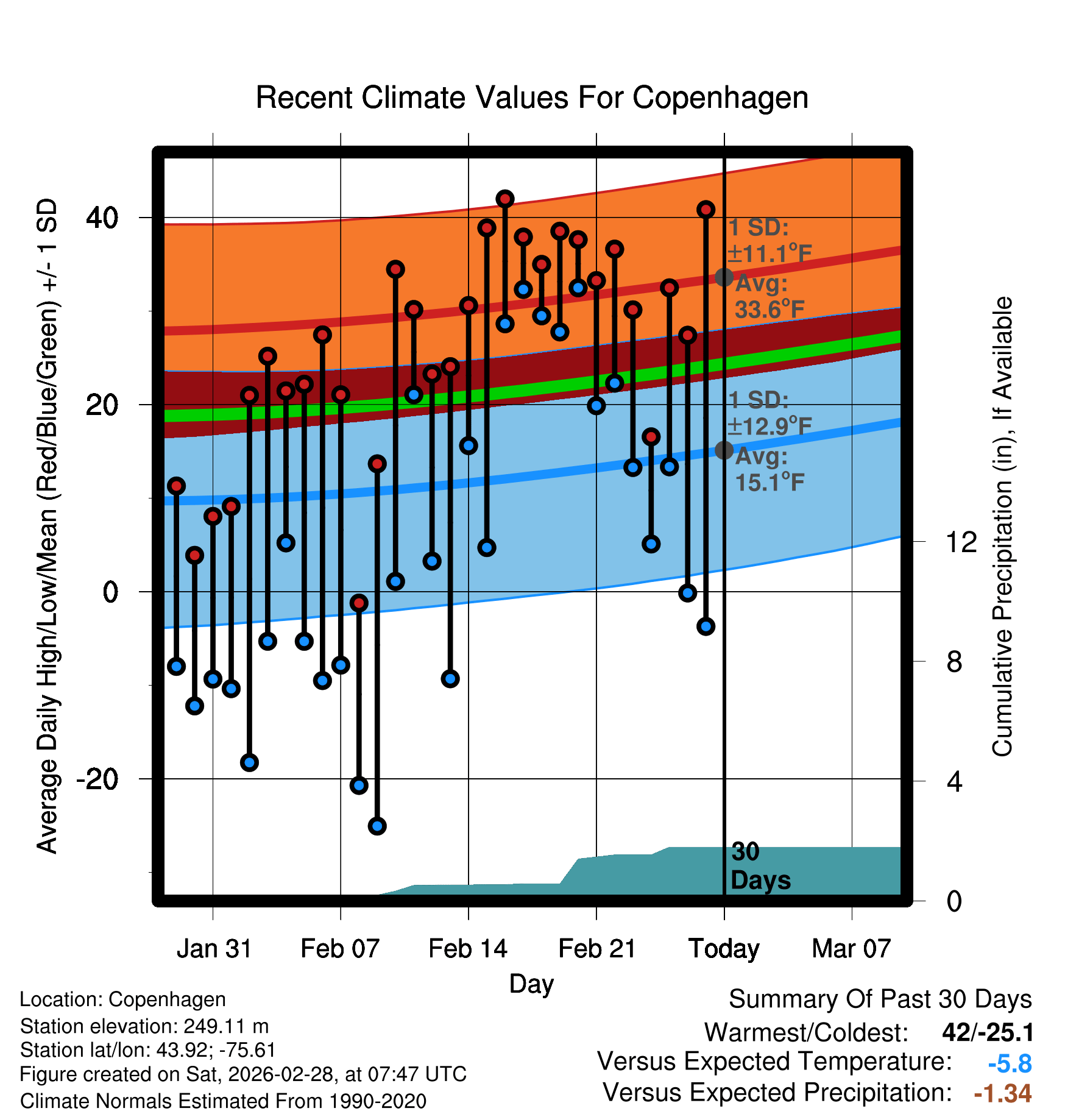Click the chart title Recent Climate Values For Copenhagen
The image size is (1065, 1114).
coord(532,98)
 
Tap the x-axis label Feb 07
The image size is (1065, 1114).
coord(340,949)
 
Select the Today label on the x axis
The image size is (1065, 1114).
coord(724,949)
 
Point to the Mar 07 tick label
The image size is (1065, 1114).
coord(851,949)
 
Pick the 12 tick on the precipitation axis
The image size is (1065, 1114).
coord(961,542)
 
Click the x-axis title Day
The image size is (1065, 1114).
coord(531,984)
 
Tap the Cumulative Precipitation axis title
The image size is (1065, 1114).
coord(1002,527)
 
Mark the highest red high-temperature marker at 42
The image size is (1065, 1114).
coord(505,199)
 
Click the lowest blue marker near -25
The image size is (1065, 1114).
coord(377,826)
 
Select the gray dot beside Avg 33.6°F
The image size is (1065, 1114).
coord(724,277)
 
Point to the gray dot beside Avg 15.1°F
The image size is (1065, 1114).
coord(724,450)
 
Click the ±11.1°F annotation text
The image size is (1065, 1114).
coord(770,254)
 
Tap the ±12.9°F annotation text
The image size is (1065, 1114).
coord(770,426)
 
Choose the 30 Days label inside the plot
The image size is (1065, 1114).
coord(760,866)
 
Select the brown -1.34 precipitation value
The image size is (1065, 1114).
coord(1002,1093)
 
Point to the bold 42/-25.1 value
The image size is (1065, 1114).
coord(987,1032)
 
